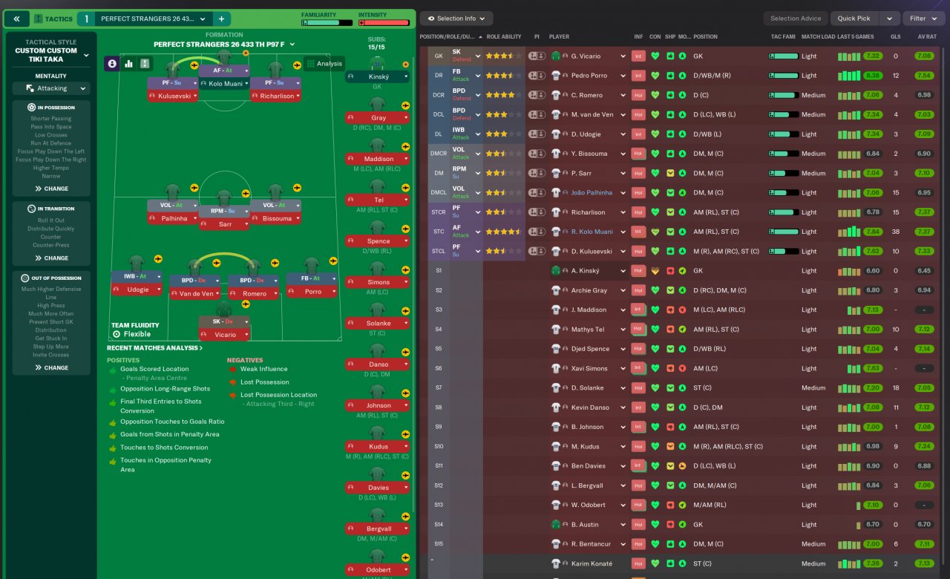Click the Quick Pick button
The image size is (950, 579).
click(854, 19)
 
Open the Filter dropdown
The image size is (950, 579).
click(923, 19)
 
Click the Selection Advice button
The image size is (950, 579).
click(796, 19)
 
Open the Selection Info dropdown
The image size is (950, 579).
click(456, 19)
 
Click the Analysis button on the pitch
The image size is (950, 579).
click(324, 64)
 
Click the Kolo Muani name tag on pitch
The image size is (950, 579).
click(223, 83)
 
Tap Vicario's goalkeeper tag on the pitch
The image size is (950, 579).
click(223, 335)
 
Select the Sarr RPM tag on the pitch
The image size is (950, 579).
click(223, 223)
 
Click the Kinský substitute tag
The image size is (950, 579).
click(378, 76)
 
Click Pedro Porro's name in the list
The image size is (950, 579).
click(589, 76)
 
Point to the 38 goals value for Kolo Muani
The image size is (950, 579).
click(895, 232)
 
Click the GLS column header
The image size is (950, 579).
click(895, 36)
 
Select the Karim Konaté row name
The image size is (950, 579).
click(592, 563)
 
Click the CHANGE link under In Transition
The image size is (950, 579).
click(51, 258)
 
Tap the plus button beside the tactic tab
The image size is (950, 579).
click(221, 19)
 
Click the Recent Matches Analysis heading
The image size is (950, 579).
click(154, 348)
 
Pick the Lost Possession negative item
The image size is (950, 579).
click(264, 382)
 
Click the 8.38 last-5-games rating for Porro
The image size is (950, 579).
click(873, 76)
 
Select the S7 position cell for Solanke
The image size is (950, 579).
click(439, 387)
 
